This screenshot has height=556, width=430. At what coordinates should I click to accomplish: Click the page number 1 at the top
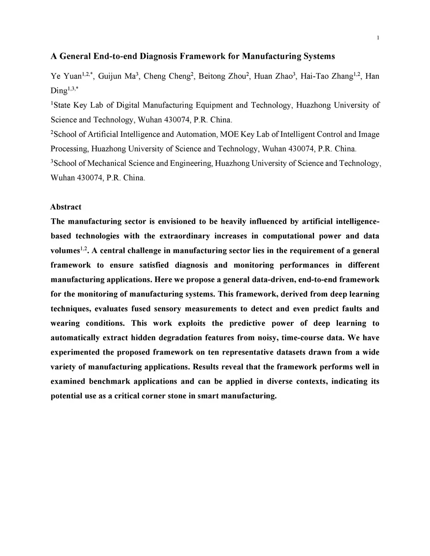[x=378, y=38]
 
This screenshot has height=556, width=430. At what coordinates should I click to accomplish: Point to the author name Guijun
[x=110, y=76]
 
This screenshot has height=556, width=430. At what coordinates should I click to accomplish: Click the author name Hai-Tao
[x=312, y=76]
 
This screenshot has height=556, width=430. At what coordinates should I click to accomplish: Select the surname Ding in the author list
[x=59, y=91]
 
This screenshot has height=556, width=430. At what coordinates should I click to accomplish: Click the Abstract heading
[x=66, y=207]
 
